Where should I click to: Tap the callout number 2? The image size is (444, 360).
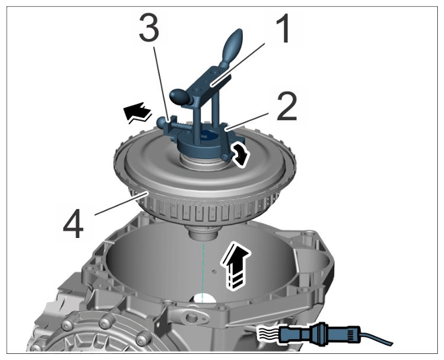click(x=287, y=107)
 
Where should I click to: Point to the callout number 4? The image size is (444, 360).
click(x=74, y=224)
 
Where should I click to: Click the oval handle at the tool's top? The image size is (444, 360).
click(x=233, y=47)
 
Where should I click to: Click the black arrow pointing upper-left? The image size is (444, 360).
click(x=138, y=113)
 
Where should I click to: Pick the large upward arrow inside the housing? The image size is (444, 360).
click(x=236, y=266)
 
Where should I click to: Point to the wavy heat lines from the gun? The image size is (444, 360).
click(x=269, y=334)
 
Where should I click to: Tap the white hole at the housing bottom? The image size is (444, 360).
click(x=204, y=299)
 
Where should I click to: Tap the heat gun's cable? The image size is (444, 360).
click(x=376, y=338)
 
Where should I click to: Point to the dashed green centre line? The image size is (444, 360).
click(x=202, y=272)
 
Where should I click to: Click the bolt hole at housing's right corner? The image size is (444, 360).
click(x=312, y=235)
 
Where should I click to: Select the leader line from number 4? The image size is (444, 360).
click(x=121, y=203)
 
